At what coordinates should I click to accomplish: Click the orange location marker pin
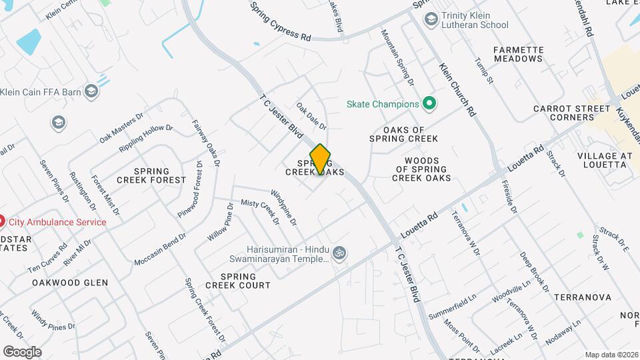(x=320, y=159)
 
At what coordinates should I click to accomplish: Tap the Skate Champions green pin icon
(x=430, y=104)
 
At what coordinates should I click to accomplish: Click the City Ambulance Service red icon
(x=2, y=221)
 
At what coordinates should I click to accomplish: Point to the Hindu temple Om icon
(x=340, y=253)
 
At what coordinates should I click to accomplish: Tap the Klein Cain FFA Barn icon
(x=91, y=91)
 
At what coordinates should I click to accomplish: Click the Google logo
(x=21, y=351)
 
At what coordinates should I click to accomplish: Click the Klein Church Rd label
(x=457, y=90)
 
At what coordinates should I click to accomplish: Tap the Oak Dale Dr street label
(x=311, y=115)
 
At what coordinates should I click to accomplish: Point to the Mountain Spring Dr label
(x=397, y=57)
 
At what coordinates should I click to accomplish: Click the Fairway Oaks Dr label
(x=206, y=143)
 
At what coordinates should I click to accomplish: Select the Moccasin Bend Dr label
(x=161, y=249)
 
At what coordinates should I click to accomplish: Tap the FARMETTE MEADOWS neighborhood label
(x=518, y=54)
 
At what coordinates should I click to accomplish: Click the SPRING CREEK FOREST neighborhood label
(x=151, y=175)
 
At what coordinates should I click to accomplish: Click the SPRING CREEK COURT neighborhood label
(x=238, y=281)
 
